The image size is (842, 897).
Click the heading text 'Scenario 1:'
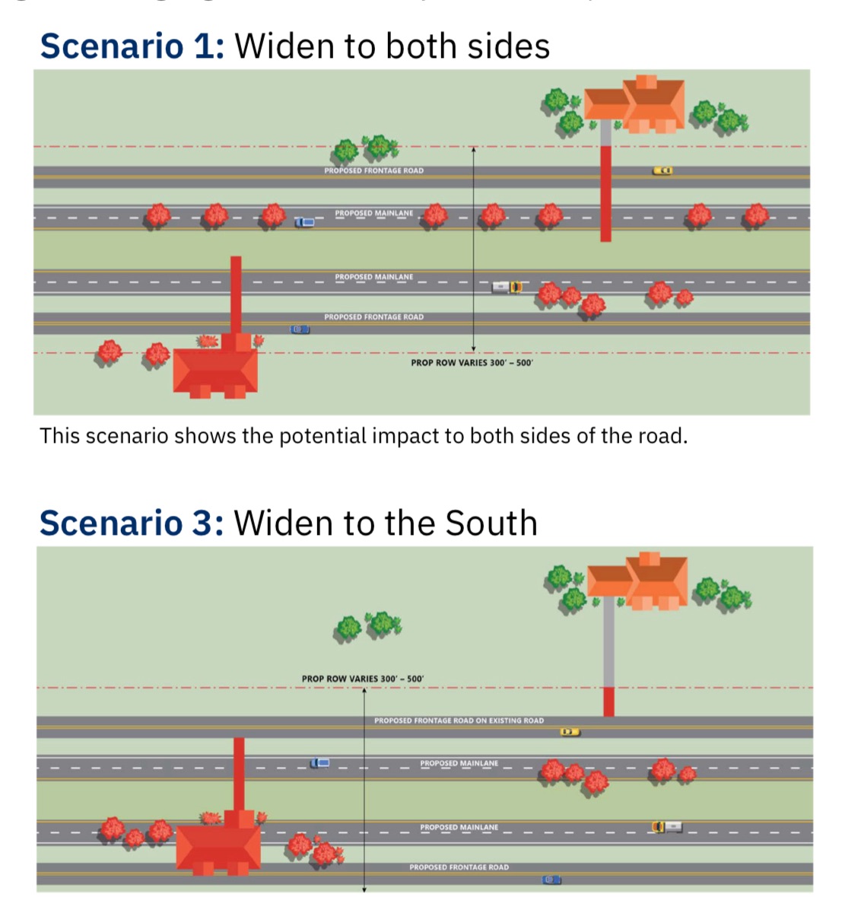(132, 46)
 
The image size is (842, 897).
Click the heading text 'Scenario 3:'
(132, 523)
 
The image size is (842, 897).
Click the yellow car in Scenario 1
(662, 170)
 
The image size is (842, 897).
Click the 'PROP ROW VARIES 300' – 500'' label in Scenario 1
(472, 363)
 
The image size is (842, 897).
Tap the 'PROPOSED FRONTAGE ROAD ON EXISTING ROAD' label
(459, 720)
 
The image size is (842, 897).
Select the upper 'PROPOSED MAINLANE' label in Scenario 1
(373, 214)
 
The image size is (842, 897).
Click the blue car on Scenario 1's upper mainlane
(304, 222)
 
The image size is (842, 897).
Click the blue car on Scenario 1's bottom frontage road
(300, 329)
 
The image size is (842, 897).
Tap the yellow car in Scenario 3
(570, 732)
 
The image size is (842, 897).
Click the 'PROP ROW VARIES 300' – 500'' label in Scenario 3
(362, 679)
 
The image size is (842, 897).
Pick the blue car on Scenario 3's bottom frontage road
(551, 880)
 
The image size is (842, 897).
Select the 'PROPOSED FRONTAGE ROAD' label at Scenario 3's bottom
(459, 867)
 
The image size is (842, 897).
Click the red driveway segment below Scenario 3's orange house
(608, 701)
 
